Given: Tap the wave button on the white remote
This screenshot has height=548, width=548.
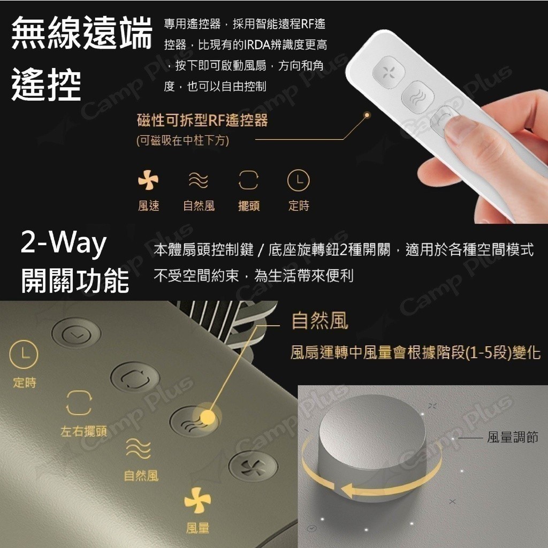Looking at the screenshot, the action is [417, 96].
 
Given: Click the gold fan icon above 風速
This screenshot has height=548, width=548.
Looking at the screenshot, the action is [148, 180].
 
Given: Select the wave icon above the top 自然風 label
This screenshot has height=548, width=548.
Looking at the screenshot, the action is [198, 180].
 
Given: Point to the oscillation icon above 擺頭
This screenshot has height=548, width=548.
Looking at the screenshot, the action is [248, 180].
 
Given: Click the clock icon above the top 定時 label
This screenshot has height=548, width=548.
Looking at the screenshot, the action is [299, 180].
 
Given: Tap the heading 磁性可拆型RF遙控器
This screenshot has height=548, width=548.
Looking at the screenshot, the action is [202, 120].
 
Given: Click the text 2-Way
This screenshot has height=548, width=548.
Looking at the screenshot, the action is [63, 242].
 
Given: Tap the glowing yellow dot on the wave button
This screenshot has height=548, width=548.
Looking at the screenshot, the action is [207, 416].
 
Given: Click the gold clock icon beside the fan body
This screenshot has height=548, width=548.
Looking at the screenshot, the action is [24, 354].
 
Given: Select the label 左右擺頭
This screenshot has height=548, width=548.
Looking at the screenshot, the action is [84, 431].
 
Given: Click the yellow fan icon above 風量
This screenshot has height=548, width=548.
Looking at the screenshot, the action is [197, 500].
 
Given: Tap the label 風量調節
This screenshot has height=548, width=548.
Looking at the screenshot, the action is [512, 437].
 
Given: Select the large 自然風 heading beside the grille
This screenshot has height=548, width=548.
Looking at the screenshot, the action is [320, 321].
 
